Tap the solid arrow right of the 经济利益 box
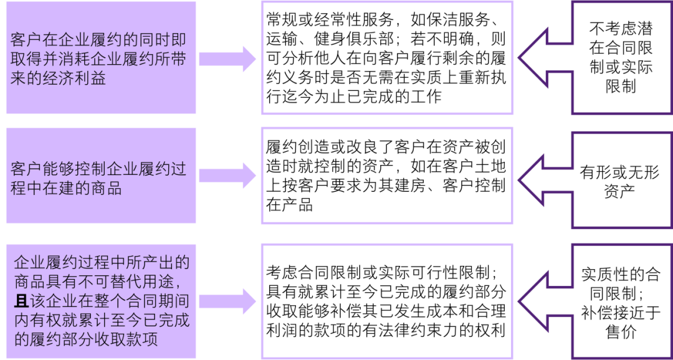[x=228, y=59]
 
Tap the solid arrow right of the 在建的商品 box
[x=228, y=176]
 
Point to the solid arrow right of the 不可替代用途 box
[x=228, y=302]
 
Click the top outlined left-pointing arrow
[x=542, y=58]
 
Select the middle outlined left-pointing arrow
[x=542, y=179]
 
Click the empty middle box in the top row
[x=387, y=58]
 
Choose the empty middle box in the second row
[x=387, y=176]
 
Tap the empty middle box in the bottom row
[x=387, y=301]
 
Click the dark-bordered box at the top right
[x=623, y=58]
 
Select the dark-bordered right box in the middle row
[x=623, y=179]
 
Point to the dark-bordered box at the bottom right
[x=623, y=301]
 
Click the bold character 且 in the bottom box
[x=21, y=302]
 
